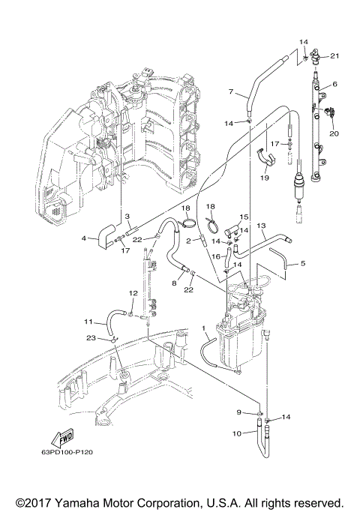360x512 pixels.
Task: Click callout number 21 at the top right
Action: click(x=334, y=56)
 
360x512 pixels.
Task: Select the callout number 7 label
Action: click(x=231, y=92)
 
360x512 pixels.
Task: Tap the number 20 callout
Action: click(x=334, y=134)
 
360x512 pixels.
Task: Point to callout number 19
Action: click(x=265, y=178)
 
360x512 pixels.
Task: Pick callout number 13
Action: click(x=262, y=225)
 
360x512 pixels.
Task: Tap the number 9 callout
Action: click(x=240, y=412)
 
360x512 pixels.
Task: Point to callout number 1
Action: click(x=203, y=329)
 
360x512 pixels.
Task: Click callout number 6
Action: click(x=334, y=85)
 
